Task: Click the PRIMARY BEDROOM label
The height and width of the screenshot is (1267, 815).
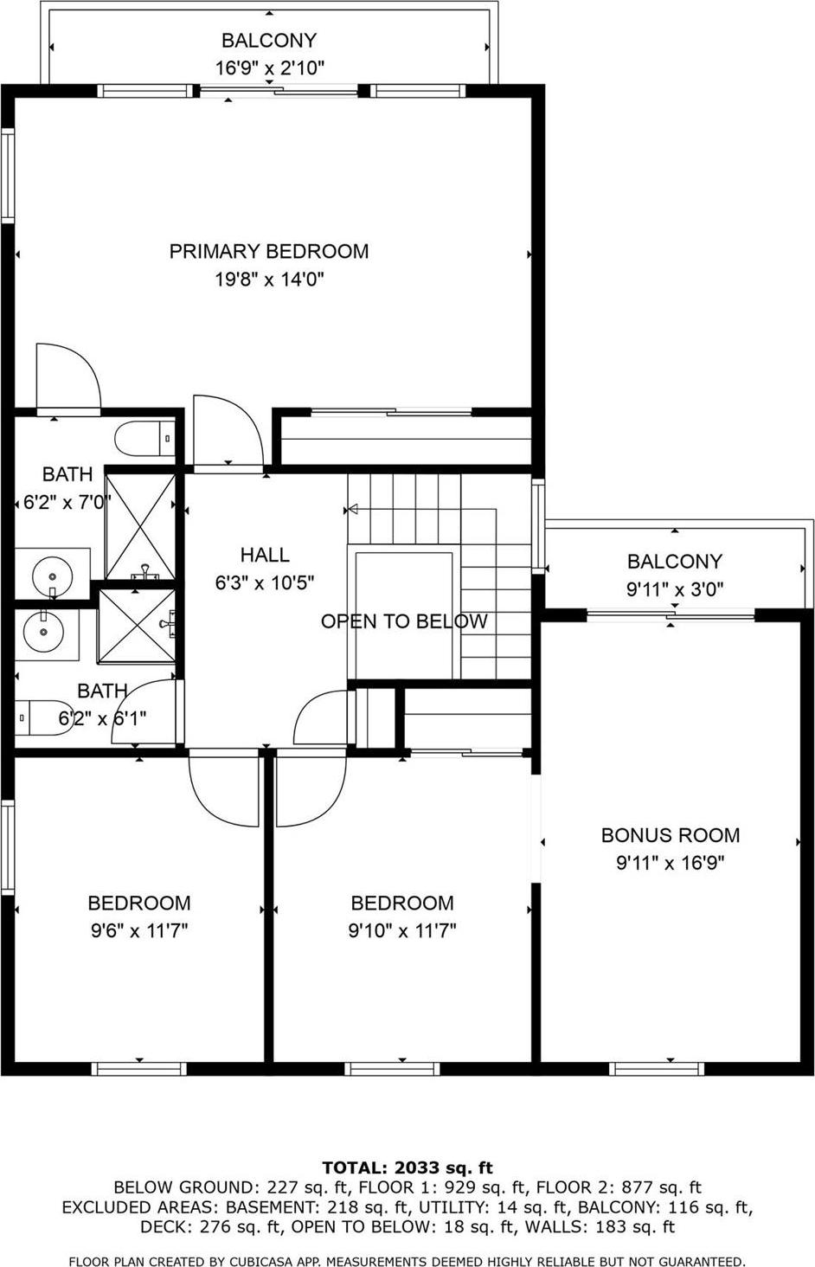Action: tap(268, 251)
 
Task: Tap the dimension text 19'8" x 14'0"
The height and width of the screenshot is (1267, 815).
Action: tap(268, 280)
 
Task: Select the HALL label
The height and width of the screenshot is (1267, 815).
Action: tap(265, 555)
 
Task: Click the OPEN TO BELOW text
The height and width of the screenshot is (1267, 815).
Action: tap(404, 621)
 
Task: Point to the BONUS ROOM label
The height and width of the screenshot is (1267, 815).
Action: tap(671, 835)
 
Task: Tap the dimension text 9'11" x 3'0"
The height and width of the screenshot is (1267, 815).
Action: tap(675, 589)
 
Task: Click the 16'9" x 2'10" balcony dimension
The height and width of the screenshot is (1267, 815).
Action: tap(269, 68)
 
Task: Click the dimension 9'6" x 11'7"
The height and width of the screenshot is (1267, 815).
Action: tap(138, 930)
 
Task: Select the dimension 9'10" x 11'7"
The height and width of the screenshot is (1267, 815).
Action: tap(402, 930)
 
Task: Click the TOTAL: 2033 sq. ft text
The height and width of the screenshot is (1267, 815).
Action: tap(407, 1167)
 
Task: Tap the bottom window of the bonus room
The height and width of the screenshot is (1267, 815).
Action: tap(657, 1069)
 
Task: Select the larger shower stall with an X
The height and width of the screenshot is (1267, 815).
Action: tap(141, 524)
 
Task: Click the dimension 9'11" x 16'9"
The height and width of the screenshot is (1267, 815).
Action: tap(671, 863)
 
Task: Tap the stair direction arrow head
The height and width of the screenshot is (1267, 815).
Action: tap(352, 510)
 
